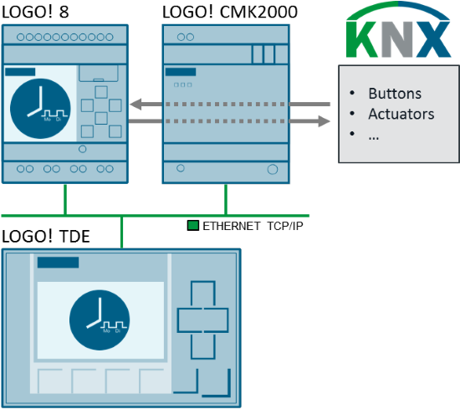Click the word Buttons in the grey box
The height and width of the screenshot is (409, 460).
(395, 93)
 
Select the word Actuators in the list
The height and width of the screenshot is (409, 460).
(401, 114)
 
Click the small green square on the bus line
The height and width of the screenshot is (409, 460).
(193, 225)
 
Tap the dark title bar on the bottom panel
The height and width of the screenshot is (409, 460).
(58, 263)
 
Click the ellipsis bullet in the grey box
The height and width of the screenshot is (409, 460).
(373, 134)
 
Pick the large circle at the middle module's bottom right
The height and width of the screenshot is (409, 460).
(272, 169)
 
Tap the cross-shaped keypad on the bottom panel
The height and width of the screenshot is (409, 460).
(202, 319)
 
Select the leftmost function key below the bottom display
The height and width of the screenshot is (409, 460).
(53, 381)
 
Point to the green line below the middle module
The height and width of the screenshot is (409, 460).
(226, 199)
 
